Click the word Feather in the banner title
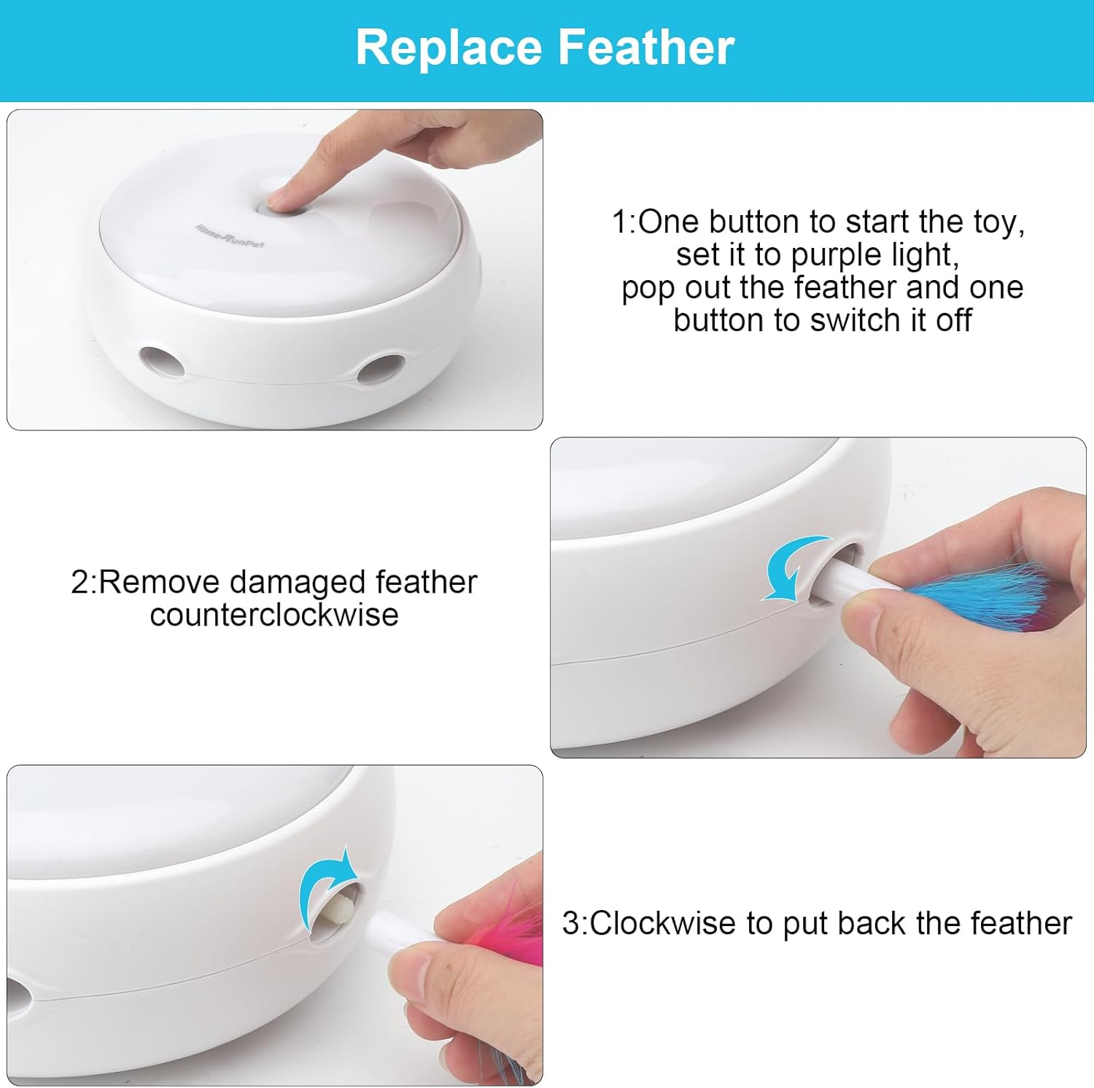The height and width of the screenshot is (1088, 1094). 646,48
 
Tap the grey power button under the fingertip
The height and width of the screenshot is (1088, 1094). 281,209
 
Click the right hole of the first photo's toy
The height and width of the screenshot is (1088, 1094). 384,369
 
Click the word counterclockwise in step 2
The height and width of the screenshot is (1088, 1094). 274,615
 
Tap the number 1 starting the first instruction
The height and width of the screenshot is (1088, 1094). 619,222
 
